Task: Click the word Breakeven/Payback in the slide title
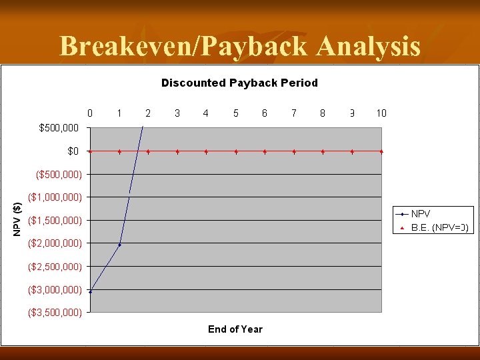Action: click(185, 47)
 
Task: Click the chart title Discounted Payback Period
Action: click(239, 83)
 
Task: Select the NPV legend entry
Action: click(421, 214)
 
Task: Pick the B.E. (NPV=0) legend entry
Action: click(439, 227)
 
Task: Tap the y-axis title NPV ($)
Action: click(18, 219)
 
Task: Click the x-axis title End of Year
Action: click(235, 329)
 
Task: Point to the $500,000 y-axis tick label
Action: click(59, 127)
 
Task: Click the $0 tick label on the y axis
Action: click(73, 151)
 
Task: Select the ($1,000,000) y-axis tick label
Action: click(55, 197)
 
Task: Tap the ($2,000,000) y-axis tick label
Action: click(55, 243)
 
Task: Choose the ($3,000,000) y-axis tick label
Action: click(55, 290)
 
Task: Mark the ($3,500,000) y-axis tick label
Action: click(55, 312)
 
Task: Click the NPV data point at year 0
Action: click(90, 291)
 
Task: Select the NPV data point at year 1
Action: click(119, 245)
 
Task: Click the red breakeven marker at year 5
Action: click(236, 151)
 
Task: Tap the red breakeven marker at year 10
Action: click(381, 151)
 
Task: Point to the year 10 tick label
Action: click(381, 113)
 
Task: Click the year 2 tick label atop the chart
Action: click(148, 113)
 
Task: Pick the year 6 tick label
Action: click(265, 113)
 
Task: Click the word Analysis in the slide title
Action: click(368, 47)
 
